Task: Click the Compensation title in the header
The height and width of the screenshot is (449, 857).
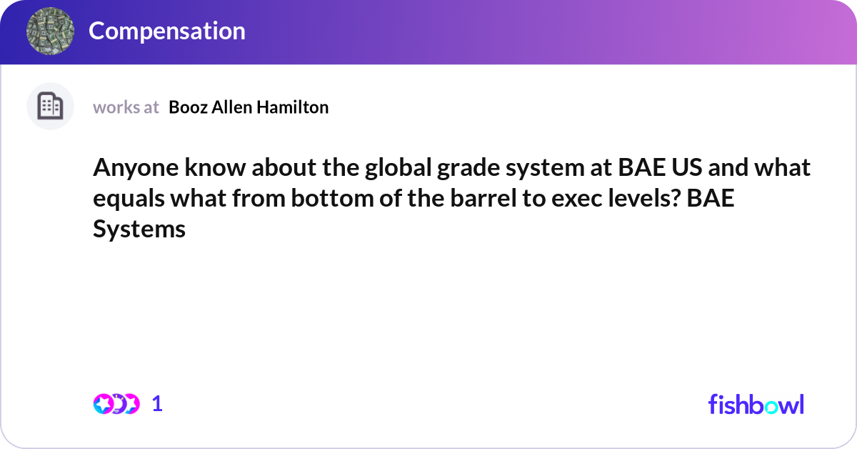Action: (167, 31)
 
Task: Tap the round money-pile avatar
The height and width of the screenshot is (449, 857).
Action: (50, 31)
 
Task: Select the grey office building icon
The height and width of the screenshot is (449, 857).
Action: (50, 106)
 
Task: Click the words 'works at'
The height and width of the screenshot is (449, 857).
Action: (126, 107)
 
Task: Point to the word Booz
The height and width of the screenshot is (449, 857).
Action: (189, 107)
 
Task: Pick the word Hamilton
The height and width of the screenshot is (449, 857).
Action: (292, 107)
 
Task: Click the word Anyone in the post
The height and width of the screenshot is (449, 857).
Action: (136, 168)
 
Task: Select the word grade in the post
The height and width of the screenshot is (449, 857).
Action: (468, 168)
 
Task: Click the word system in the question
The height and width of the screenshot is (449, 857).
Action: (545, 168)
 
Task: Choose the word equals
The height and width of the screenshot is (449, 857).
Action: (129, 199)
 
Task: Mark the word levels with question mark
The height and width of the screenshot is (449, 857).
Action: (644, 199)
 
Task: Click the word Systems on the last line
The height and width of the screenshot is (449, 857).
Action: (139, 229)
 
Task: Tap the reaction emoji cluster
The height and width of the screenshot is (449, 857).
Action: (116, 404)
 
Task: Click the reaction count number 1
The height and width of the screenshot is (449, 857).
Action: (157, 404)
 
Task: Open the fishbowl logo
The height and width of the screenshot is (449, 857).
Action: (756, 404)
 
